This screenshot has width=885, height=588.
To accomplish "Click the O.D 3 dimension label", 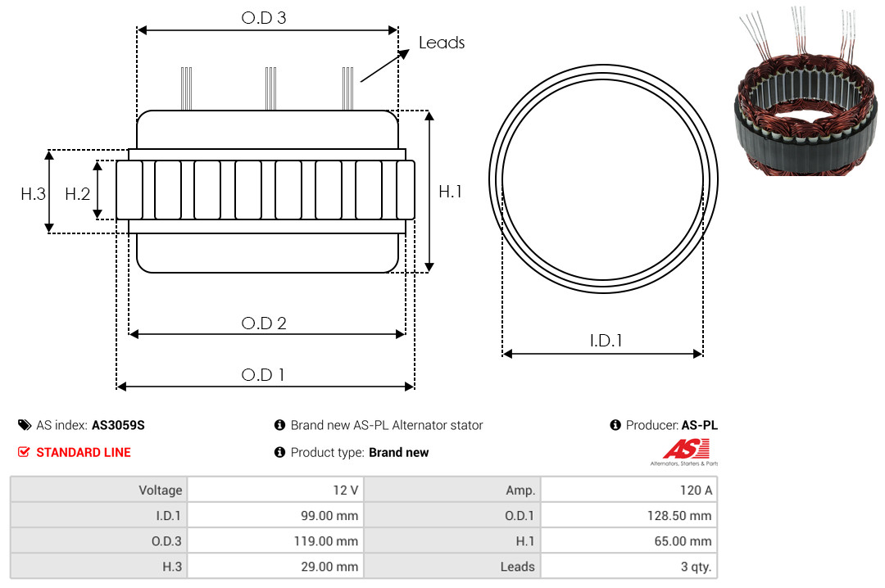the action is coord(264,18).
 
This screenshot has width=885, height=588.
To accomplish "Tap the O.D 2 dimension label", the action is coord(264,323).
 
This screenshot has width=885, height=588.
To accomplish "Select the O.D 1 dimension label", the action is coord(262,375).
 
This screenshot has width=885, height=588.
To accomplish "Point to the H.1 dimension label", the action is coord(450,192).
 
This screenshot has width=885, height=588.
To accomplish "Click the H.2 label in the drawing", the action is coord(77,194).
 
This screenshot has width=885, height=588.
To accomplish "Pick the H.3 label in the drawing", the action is coord(33,194).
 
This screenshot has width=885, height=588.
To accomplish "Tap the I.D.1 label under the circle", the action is coord(606,341).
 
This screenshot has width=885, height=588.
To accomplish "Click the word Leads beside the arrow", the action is coord(442,43).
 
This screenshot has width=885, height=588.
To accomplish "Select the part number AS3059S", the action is coord(118,426).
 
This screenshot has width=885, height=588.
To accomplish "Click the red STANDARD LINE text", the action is coord(84,453).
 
